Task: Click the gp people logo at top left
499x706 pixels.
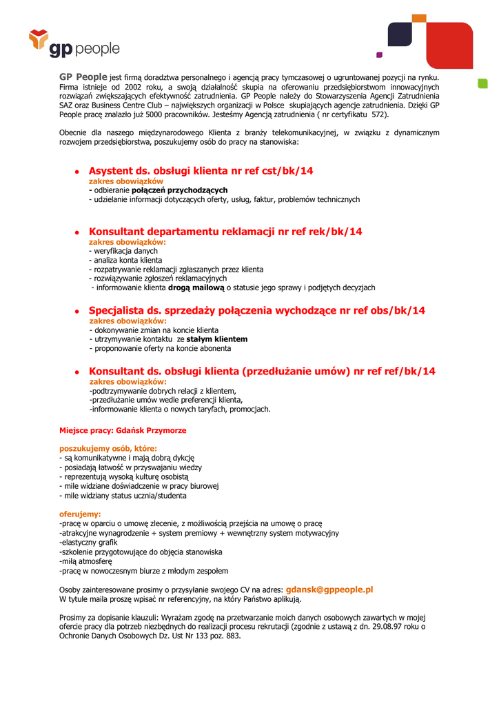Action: click(74, 43)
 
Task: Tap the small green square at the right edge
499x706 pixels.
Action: click(482, 84)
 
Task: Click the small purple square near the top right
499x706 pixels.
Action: click(378, 53)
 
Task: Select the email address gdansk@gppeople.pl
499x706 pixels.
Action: click(329, 589)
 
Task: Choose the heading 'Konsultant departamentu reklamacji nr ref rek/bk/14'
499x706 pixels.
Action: click(225, 232)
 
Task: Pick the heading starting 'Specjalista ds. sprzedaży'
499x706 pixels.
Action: click(257, 310)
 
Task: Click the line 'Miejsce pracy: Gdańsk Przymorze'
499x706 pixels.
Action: click(123, 430)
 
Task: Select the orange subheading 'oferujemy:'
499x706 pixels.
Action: click(81, 514)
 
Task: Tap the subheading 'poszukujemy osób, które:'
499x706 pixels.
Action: click(108, 448)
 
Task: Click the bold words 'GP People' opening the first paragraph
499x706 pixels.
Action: click(83, 77)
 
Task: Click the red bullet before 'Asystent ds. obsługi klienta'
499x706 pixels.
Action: click(78, 172)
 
